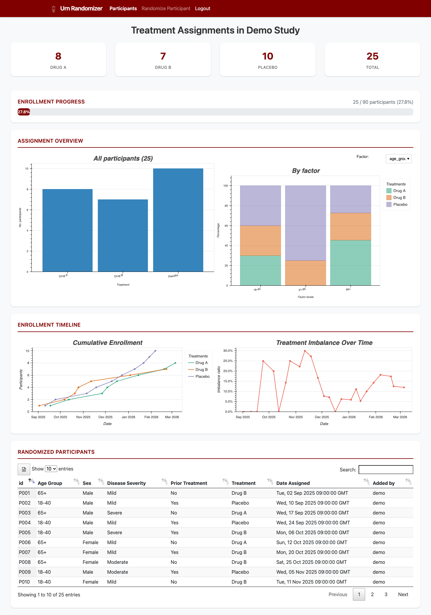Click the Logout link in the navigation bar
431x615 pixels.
[202, 9]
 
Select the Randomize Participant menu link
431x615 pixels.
[166, 9]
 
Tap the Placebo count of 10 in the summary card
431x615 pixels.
[268, 56]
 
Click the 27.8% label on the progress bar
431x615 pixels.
[24, 112]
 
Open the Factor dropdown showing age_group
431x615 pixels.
[399, 159]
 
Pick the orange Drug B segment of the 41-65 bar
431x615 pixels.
[305, 273]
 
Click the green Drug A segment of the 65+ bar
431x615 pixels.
[350, 263]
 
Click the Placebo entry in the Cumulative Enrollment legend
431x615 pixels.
[202, 377]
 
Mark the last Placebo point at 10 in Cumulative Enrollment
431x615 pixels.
[155, 351]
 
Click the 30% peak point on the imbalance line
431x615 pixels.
[305, 351]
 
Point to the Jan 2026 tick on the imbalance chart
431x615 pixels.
[349, 417]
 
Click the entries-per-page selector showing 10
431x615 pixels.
[51, 469]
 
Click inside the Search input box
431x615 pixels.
[386, 470]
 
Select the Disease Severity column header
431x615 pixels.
[126, 483]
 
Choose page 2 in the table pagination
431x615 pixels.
[372, 595]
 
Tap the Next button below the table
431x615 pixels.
[403, 595]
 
